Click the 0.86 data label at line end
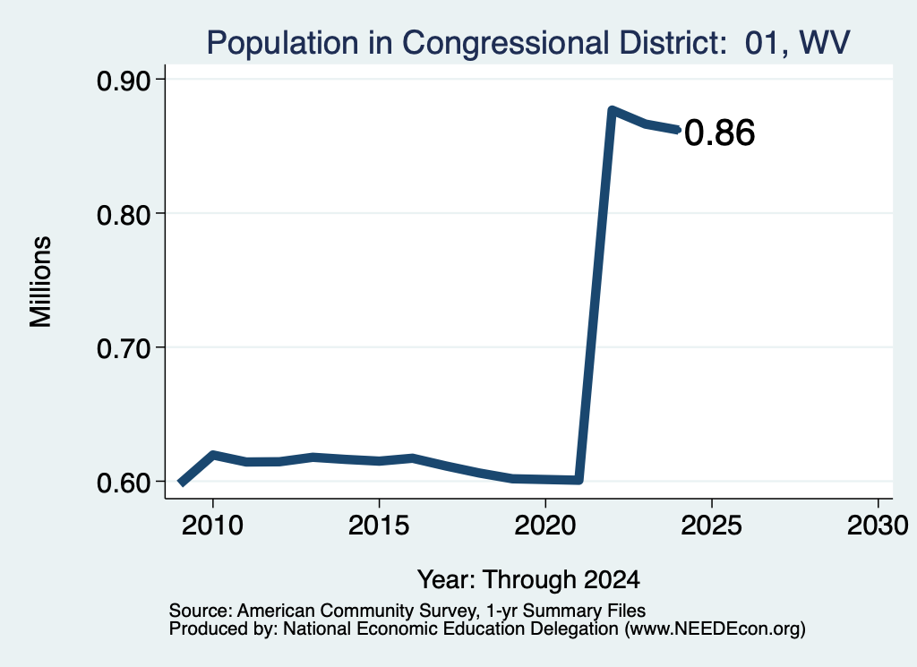[719, 133]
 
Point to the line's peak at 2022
[612, 110]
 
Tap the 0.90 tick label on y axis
[123, 81]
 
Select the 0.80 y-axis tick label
[123, 215]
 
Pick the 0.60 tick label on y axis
[123, 483]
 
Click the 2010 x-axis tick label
[212, 525]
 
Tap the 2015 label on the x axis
[379, 525]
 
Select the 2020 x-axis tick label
[545, 525]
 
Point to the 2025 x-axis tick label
[712, 525]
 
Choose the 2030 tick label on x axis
[878, 525]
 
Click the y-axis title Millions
[41, 282]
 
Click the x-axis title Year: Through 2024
[528, 579]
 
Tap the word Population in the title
[283, 43]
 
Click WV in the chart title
[824, 43]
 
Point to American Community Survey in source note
[356, 611]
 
